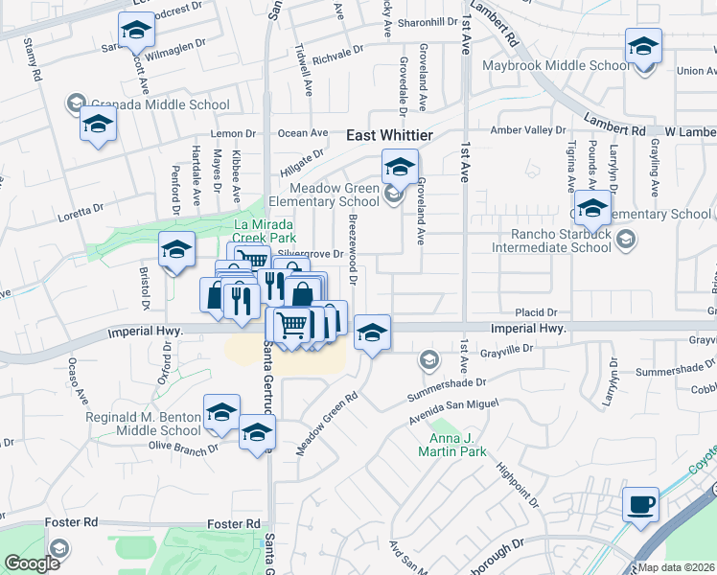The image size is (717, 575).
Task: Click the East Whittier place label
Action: click(389, 137)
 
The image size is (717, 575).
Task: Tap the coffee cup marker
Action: click(640, 504)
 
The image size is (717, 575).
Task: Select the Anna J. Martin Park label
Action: click(454, 445)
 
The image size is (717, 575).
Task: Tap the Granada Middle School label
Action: click(159, 104)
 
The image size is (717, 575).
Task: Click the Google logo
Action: click(32, 563)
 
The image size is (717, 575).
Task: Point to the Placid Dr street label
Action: click(537, 312)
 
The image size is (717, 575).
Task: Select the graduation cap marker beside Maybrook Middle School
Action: click(643, 46)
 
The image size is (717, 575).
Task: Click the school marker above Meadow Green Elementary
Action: click(400, 168)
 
